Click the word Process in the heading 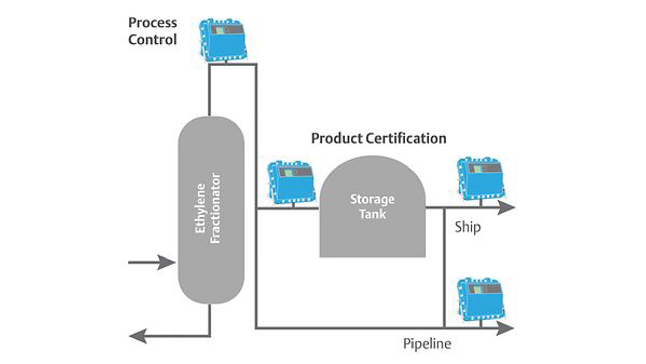point(152,23)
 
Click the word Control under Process point(152,40)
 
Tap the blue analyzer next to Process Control point(223,40)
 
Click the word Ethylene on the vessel point(201,208)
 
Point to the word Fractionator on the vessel point(215,208)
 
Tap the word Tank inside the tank point(372,214)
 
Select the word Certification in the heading point(406,139)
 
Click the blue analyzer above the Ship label point(480,178)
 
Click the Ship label point(467,227)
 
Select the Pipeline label point(427,344)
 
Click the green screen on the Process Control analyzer point(220,30)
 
